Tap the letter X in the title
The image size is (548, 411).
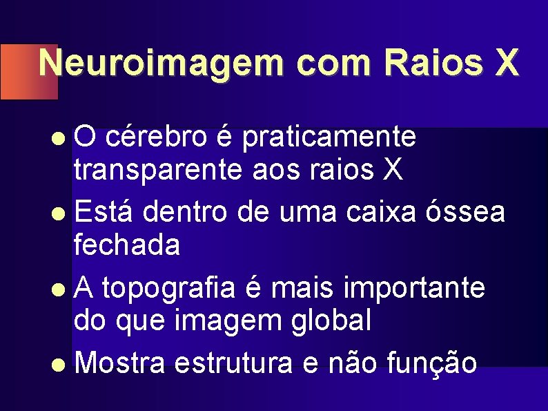[x=505, y=64]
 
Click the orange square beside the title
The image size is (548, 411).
[x=19, y=72]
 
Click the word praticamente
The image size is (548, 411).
[x=329, y=137]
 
